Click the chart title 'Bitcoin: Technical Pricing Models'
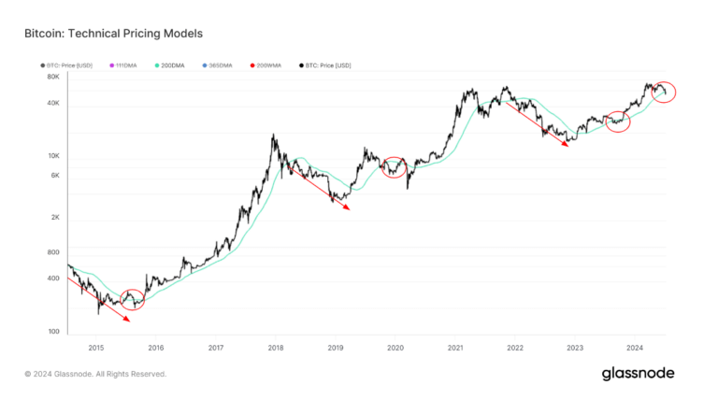[x=113, y=34]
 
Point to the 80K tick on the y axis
[x=52, y=78]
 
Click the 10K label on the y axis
[x=52, y=155]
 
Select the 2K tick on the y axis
[x=54, y=217]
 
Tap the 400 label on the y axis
[x=52, y=279]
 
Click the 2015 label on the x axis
[x=95, y=348]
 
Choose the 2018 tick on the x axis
[x=276, y=348]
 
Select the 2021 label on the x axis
[x=455, y=348]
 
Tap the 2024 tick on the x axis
[x=635, y=348]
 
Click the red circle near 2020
[x=395, y=167]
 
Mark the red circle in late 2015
[x=133, y=299]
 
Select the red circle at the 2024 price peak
[x=665, y=92]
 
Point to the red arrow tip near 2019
[x=348, y=209]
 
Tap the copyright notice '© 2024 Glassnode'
[x=95, y=374]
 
